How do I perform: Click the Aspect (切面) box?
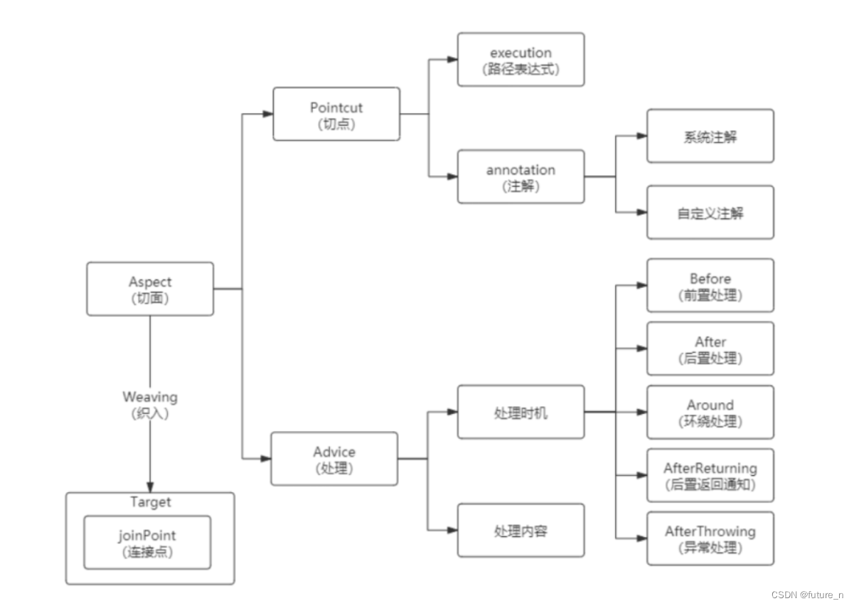point(150,289)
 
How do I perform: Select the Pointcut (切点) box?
point(336,114)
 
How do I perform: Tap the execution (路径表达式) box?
point(521,60)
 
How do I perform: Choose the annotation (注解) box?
point(521,177)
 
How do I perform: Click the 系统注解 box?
point(710,136)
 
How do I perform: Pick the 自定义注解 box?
point(710,213)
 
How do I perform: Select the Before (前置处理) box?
point(710,285)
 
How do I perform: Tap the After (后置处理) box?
point(710,349)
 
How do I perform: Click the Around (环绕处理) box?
point(710,412)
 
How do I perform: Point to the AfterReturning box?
point(710,475)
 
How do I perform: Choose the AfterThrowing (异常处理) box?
point(710,538)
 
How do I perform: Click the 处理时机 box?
point(521,412)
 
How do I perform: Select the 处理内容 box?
point(521,531)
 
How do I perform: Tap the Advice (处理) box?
point(334,459)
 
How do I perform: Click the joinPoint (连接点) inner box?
point(147,542)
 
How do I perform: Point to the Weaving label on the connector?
point(150,397)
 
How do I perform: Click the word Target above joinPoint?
point(150,502)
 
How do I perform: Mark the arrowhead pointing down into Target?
point(150,486)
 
